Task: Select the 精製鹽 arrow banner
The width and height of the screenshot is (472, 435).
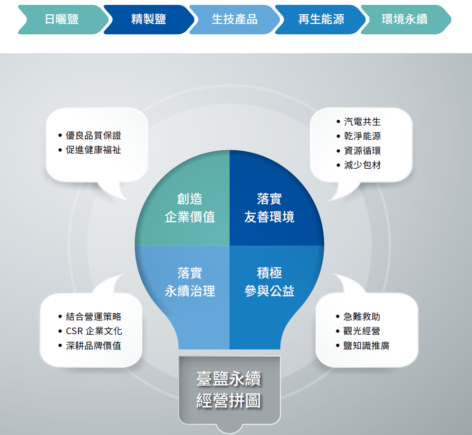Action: tap(149, 19)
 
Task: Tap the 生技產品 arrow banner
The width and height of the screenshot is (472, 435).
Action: tap(234, 19)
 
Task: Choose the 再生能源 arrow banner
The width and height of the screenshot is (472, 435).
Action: tap(320, 19)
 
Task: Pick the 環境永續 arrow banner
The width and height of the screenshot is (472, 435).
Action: tap(406, 19)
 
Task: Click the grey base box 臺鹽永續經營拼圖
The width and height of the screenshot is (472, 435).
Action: tap(230, 390)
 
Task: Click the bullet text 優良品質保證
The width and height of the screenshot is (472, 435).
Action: tap(93, 135)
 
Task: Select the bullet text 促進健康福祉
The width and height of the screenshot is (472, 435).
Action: tap(93, 150)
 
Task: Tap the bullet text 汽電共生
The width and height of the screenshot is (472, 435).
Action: tap(362, 122)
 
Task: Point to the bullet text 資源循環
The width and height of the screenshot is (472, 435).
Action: tap(362, 151)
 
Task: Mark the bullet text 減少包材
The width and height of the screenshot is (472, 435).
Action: tap(362, 165)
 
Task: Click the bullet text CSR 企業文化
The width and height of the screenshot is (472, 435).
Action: tap(94, 331)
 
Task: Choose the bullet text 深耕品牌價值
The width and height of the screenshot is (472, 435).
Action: tap(93, 346)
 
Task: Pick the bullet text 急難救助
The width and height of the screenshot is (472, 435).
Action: tap(362, 317)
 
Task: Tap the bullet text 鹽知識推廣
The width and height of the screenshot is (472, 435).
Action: tap(366, 346)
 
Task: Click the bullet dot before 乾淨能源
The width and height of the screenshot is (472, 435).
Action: tap(338, 136)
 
